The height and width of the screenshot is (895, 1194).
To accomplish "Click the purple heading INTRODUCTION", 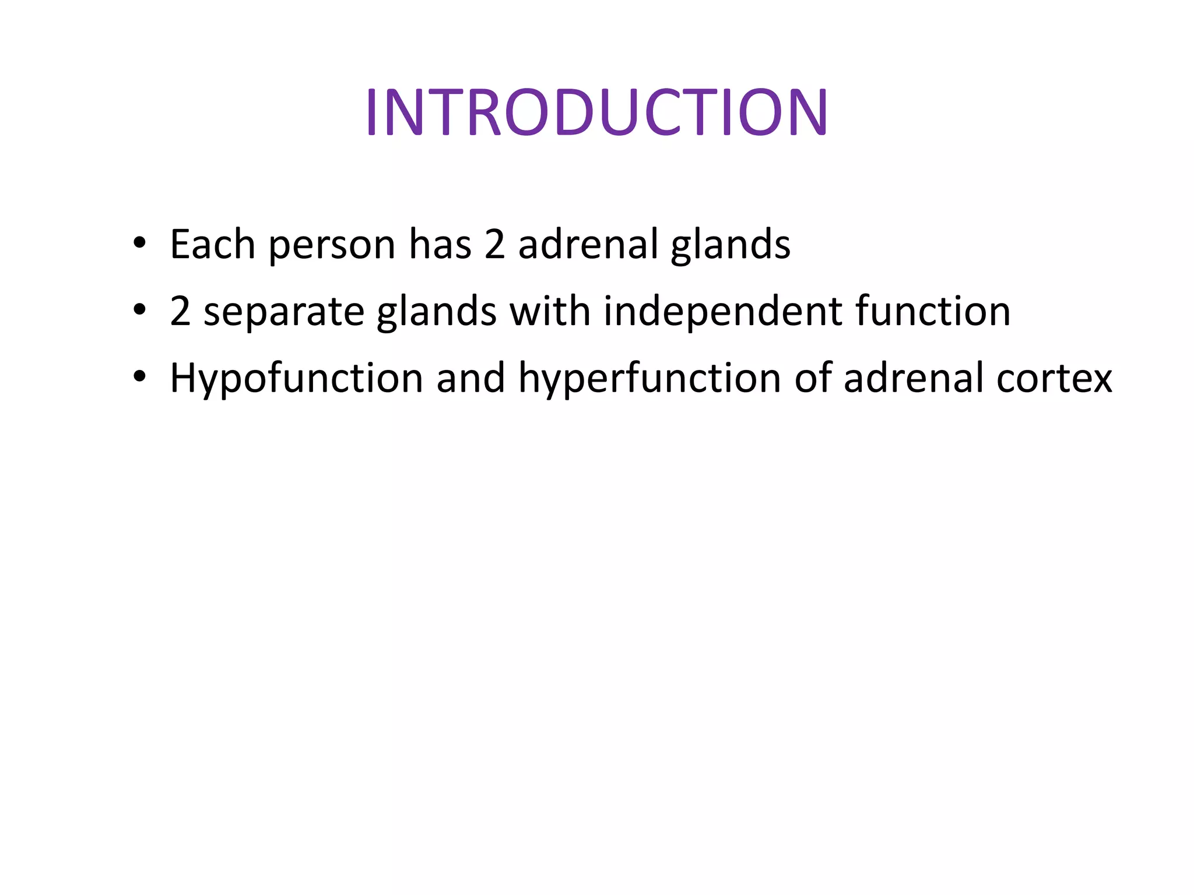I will (x=596, y=112).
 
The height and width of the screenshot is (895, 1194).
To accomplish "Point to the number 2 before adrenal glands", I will (x=494, y=245).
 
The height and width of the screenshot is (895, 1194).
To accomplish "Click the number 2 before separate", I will (x=180, y=311).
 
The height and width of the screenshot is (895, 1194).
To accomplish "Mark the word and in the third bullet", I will (x=470, y=378).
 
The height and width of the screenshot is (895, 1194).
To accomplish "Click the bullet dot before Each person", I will (x=139, y=243).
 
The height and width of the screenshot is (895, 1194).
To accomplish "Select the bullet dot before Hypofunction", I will (x=139, y=377).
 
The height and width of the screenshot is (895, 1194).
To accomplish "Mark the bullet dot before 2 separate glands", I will (x=139, y=310).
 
